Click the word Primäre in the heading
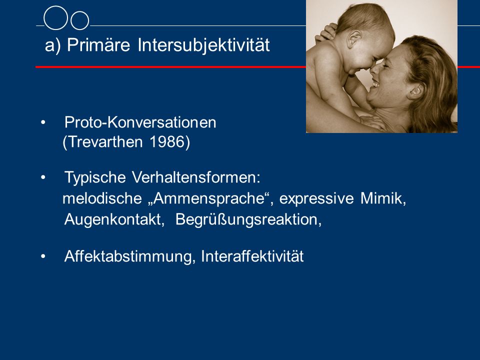[x=98, y=45]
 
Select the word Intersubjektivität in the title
[x=203, y=45]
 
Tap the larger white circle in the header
[x=55, y=18]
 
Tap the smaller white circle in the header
[x=80, y=20]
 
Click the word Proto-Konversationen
[x=140, y=122]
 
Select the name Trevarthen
[x=105, y=142]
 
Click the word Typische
[x=95, y=177]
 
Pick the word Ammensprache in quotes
[x=209, y=198]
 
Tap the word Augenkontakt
[x=112, y=219]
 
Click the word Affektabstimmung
[x=128, y=256]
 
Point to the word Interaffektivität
[x=252, y=256]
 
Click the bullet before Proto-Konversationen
[x=43, y=123]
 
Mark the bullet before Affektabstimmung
[x=43, y=256]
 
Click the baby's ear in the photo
[x=354, y=39]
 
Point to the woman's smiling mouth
[x=375, y=82]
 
